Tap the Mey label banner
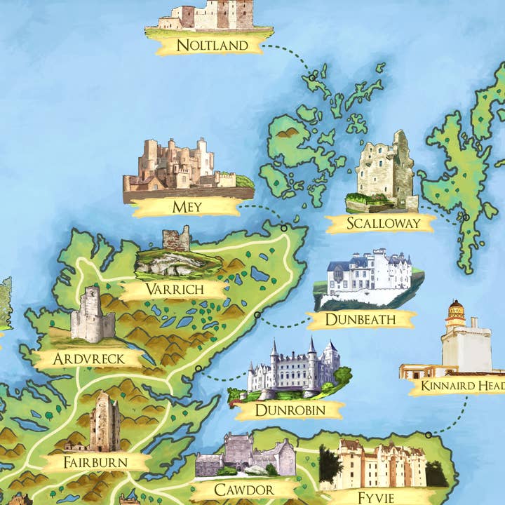point(187,207)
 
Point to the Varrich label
point(174,289)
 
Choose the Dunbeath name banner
point(361,320)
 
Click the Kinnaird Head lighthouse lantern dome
point(456,308)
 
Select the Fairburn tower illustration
point(103,422)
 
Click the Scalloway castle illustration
point(384,170)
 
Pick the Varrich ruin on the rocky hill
point(176,239)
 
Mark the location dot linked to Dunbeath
point(257,315)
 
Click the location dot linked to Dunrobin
point(198,368)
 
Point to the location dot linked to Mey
point(284,227)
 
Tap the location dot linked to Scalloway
point(465,217)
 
